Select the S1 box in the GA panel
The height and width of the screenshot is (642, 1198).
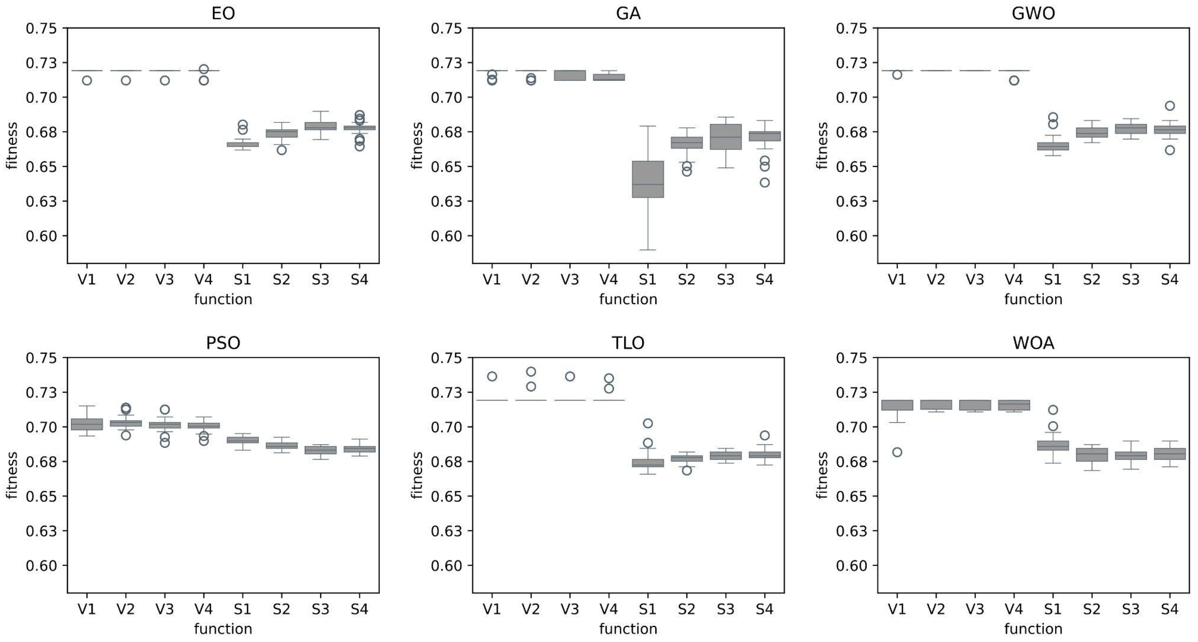[x=647, y=179]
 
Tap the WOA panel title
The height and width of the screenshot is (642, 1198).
[x=1033, y=343]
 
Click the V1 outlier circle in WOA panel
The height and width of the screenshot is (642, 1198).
[x=897, y=452]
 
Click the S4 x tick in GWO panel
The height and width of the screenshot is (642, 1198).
[x=1169, y=279]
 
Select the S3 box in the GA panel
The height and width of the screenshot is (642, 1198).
[x=726, y=137]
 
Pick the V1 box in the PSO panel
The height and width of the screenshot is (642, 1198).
[x=87, y=424]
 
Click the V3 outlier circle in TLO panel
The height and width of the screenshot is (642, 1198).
[x=570, y=376]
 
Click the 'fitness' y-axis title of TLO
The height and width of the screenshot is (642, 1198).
[x=417, y=475]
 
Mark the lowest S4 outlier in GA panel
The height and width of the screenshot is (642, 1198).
[x=765, y=182]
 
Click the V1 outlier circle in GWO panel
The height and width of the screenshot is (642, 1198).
[x=897, y=74]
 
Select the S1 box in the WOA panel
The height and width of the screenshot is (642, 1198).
[x=1053, y=445]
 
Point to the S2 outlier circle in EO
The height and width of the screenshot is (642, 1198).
[x=281, y=150]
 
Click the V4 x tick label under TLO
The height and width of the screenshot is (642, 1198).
[x=608, y=609]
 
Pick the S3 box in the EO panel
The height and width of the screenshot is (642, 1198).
[x=320, y=126]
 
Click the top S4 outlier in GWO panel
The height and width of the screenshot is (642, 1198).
[x=1170, y=106]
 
